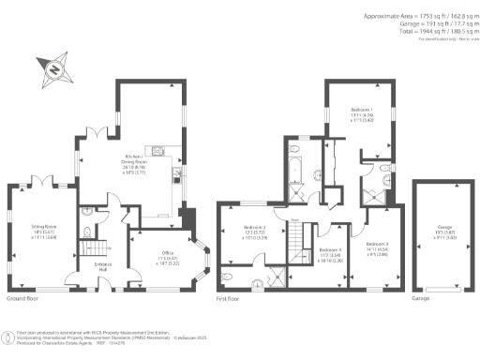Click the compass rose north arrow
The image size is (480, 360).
point(54,70)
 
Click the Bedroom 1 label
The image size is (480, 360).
point(361,113)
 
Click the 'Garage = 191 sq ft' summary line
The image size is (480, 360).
point(429,23)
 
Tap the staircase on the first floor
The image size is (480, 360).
point(299,247)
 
